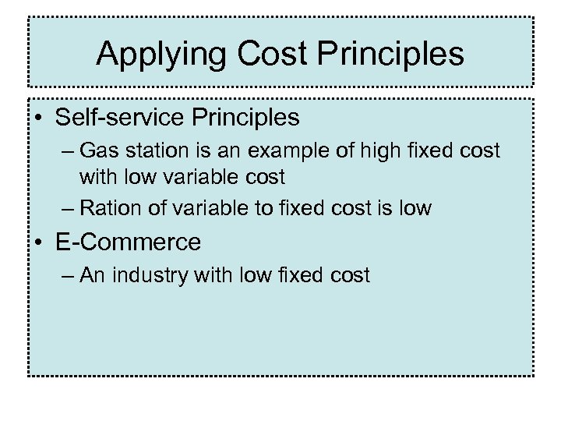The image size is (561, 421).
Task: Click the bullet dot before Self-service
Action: pos(38,119)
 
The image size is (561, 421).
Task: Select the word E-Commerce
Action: pos(128,242)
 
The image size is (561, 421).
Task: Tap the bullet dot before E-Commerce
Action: pos(38,243)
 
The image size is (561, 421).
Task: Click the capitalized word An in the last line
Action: pos(92,275)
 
